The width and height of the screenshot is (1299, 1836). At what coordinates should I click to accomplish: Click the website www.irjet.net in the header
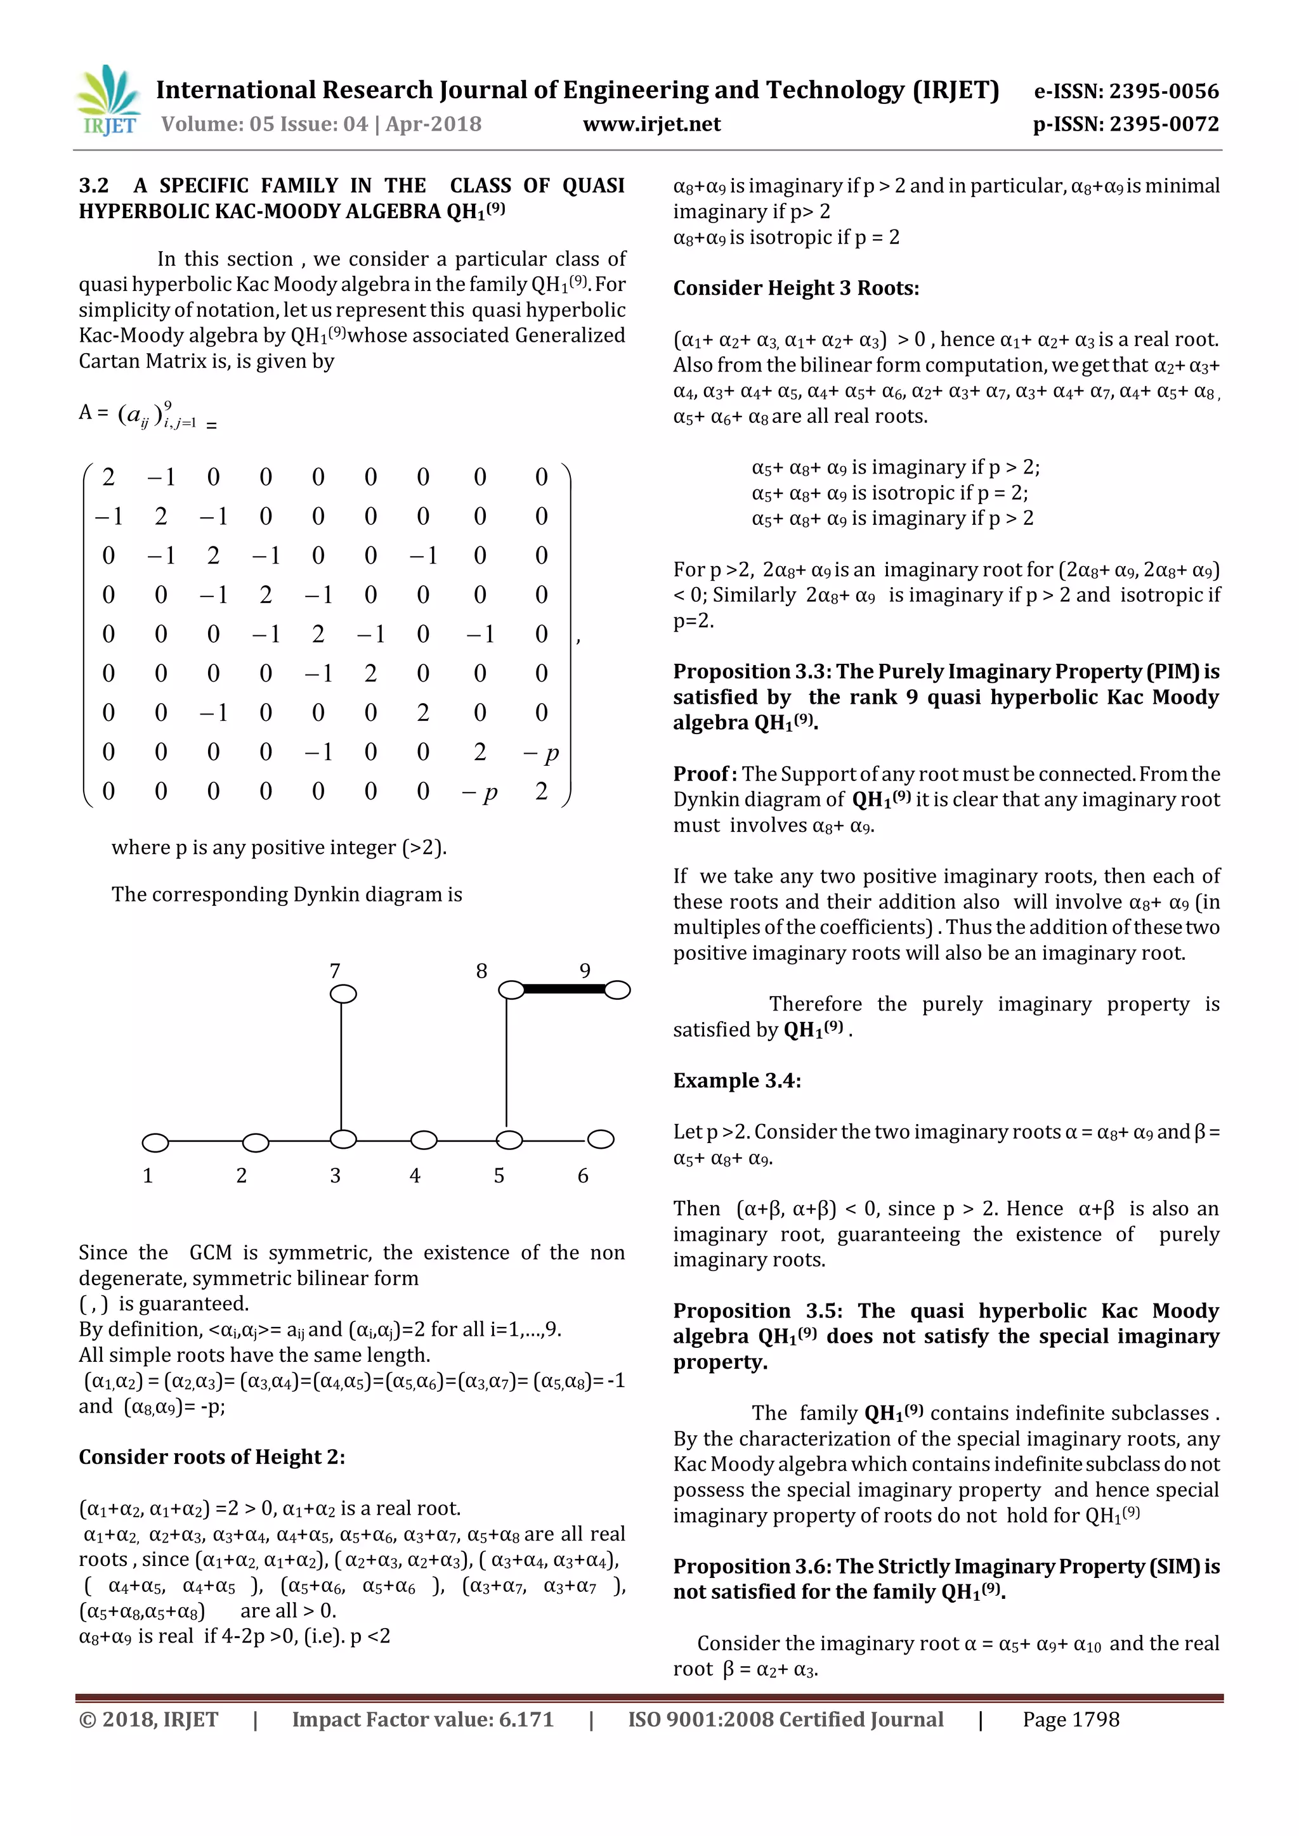[651, 124]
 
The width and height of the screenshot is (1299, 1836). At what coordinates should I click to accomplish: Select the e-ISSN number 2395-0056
[1126, 91]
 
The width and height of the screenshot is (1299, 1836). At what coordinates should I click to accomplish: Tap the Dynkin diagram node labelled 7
[343, 993]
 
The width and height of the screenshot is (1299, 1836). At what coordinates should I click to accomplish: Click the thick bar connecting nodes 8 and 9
[564, 989]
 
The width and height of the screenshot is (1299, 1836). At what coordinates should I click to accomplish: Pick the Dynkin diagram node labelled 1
[155, 1142]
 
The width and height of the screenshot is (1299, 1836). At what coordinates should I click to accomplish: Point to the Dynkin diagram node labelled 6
[601, 1139]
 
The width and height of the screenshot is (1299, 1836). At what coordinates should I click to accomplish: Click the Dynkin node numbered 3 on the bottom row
[343, 1139]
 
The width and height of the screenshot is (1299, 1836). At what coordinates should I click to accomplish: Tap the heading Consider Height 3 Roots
[795, 288]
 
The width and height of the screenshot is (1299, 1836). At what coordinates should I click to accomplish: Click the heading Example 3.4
[736, 1080]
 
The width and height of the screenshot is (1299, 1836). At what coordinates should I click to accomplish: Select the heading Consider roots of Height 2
[211, 1457]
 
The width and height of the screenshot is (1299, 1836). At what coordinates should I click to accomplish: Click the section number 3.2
[94, 186]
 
